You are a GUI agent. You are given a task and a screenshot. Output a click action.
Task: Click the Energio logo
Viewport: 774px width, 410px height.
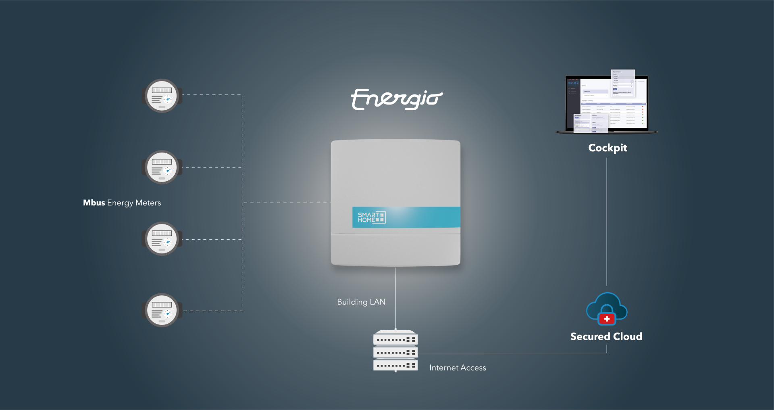[x=397, y=99]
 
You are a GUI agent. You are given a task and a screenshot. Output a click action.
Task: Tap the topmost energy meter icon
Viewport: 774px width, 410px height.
[x=162, y=96]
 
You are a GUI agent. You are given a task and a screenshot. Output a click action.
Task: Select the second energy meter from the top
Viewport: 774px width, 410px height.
[x=162, y=167]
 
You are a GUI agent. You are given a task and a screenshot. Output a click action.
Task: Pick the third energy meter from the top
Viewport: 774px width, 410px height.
[x=162, y=238]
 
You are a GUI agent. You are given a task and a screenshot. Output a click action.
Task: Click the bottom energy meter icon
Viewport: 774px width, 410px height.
[x=162, y=310]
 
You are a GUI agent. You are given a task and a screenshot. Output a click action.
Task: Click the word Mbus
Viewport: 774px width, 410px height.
[x=94, y=203]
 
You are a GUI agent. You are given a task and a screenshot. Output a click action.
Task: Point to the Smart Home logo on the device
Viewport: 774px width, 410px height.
[x=371, y=217]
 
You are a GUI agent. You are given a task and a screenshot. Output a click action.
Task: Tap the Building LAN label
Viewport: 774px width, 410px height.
[x=361, y=302]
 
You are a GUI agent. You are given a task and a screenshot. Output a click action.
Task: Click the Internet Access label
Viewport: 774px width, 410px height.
[x=458, y=368]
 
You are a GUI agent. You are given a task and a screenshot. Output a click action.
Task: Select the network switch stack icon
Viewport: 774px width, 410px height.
[x=395, y=351]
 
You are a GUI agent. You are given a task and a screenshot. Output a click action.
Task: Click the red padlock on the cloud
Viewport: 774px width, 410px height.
[x=607, y=319]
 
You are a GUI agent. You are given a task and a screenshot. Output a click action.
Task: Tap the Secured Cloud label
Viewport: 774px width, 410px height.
[x=606, y=337]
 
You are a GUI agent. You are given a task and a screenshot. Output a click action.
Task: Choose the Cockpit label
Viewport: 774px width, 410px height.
[x=608, y=148]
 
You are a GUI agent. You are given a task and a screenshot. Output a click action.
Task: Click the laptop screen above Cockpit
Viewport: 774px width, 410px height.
[x=607, y=103]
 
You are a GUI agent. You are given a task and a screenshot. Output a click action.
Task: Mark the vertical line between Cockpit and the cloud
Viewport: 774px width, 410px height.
[x=607, y=222]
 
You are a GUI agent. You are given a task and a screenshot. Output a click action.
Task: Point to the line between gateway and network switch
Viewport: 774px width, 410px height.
[x=395, y=299]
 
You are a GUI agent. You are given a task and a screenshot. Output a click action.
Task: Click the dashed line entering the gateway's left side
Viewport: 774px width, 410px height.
[x=286, y=203]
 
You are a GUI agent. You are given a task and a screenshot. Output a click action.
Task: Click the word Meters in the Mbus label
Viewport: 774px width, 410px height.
[x=148, y=203]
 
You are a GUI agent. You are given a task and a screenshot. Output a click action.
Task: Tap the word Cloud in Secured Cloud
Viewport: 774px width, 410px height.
[x=627, y=337]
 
